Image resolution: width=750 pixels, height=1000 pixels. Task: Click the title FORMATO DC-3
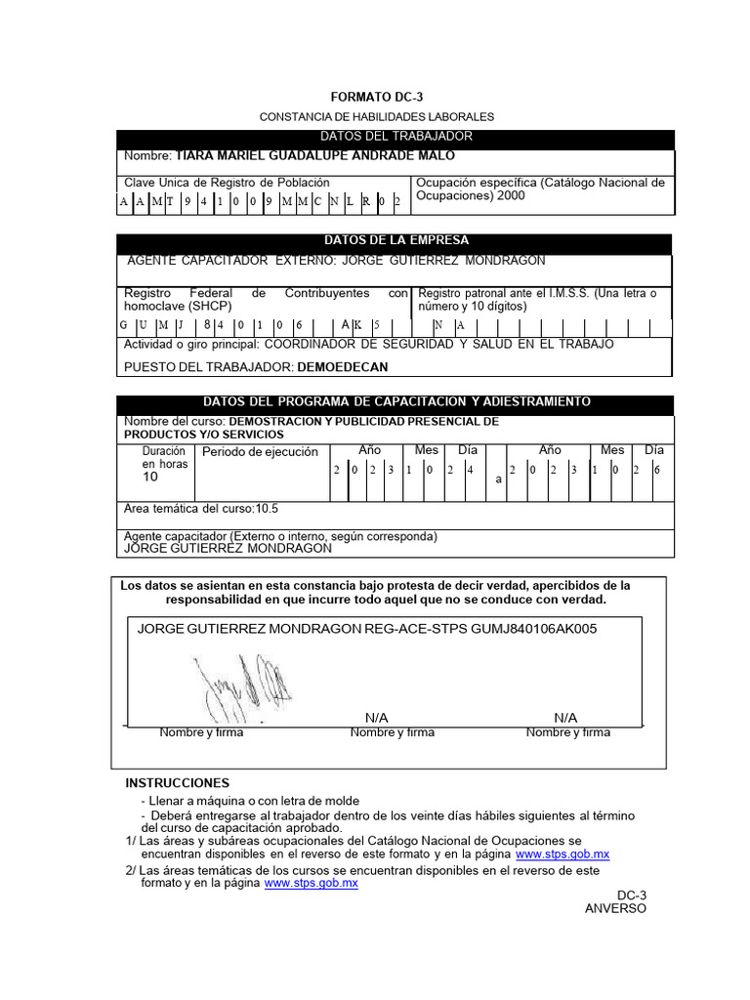tap(376, 98)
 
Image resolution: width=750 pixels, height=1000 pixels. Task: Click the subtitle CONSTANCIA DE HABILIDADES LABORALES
tap(376, 117)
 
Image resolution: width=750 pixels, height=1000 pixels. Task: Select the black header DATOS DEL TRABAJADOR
tap(395, 137)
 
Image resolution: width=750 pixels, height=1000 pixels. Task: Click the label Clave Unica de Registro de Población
tap(227, 183)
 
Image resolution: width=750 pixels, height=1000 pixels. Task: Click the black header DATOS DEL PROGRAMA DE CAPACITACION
tap(395, 402)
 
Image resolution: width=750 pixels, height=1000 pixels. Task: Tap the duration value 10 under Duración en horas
tap(150, 479)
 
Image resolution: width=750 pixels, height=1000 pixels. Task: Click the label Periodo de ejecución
tap(260, 452)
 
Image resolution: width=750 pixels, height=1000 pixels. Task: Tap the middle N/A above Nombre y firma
tap(376, 718)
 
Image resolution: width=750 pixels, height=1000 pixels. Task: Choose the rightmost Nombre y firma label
tap(567, 732)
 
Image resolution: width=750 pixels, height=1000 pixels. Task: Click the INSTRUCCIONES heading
tap(177, 783)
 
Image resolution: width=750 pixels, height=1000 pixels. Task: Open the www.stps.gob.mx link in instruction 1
tap(562, 854)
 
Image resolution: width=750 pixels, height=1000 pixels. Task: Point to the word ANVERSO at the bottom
tap(615, 908)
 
